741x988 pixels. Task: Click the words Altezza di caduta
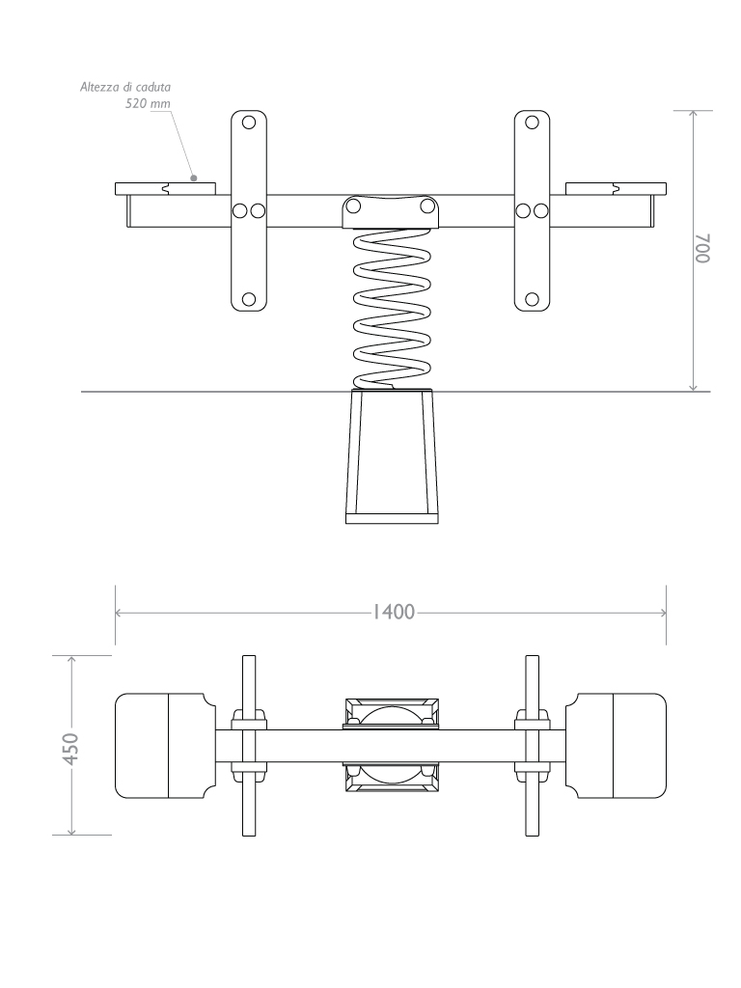click(125, 87)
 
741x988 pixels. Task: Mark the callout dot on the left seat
click(194, 178)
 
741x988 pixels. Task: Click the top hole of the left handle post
click(248, 123)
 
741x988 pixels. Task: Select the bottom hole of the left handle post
click(248, 299)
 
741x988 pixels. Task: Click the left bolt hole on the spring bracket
click(353, 206)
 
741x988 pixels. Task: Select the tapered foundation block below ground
click(391, 453)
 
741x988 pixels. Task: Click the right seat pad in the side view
click(615, 187)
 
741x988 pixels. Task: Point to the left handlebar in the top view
click(248, 746)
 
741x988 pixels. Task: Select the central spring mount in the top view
click(391, 746)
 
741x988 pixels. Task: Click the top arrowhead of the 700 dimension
click(693, 114)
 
